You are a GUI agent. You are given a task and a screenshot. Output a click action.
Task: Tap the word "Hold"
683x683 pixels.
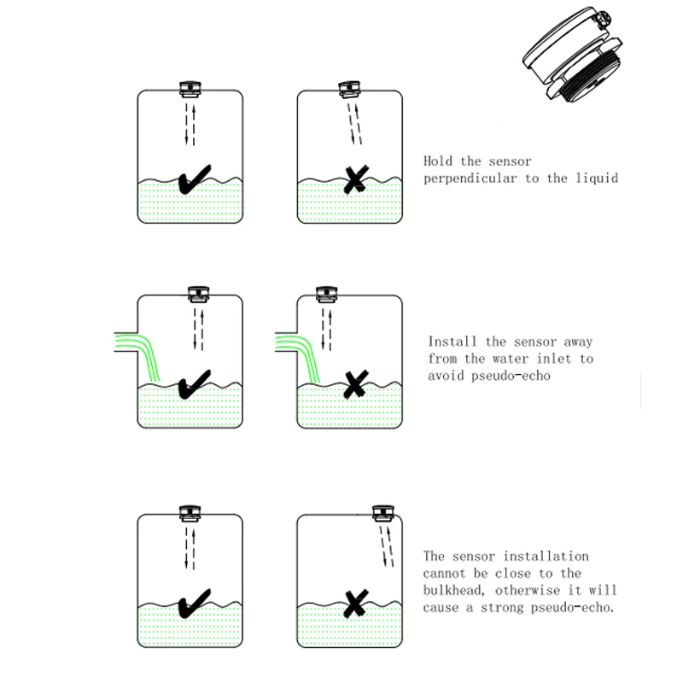(x=441, y=161)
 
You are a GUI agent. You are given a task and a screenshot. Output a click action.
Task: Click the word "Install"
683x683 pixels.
(x=453, y=341)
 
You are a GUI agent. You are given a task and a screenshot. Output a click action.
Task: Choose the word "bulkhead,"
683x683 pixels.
(x=458, y=590)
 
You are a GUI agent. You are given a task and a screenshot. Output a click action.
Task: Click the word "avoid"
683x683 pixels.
(x=445, y=376)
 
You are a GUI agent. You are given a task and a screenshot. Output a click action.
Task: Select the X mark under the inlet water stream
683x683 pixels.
(x=353, y=386)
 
